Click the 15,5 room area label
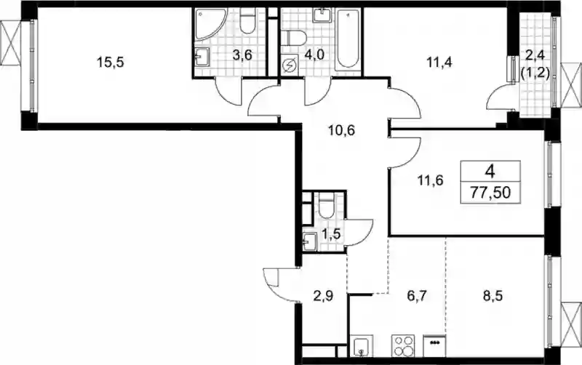(x=111, y=63)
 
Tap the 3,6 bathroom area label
(x=242, y=56)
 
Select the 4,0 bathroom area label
(x=314, y=55)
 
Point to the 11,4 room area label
(x=439, y=62)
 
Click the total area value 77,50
(x=490, y=193)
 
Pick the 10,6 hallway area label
(x=342, y=130)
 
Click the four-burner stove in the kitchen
(x=403, y=345)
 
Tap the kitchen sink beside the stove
(x=362, y=346)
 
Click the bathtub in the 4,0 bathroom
(x=348, y=39)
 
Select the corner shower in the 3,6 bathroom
(x=210, y=24)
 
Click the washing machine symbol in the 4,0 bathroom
(x=289, y=66)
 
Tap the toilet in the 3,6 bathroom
(x=247, y=21)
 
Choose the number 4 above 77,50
(x=490, y=172)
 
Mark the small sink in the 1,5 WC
(x=309, y=241)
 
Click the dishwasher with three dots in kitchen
(x=434, y=345)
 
